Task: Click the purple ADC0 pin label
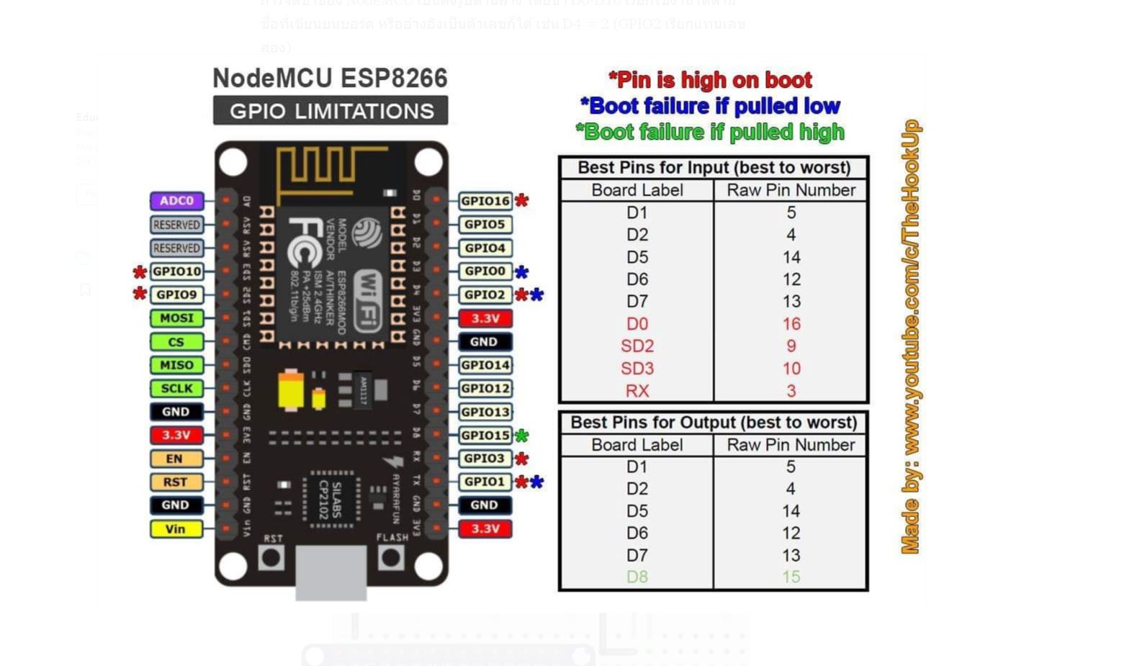point(176,201)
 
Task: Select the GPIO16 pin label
point(485,201)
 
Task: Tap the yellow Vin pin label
point(176,528)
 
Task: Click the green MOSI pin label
point(176,318)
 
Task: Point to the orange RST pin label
point(175,482)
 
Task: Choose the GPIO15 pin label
point(485,435)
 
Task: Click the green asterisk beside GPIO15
point(521,436)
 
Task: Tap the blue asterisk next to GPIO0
point(521,272)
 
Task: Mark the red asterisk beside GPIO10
point(140,272)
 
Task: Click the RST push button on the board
point(271,557)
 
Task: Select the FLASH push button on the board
point(391,557)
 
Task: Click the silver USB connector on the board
point(331,572)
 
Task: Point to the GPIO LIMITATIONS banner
point(331,111)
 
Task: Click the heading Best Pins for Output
point(713,422)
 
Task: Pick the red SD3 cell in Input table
point(637,369)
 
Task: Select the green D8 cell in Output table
point(637,577)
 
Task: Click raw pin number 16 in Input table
point(791,324)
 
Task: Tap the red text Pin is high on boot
point(710,79)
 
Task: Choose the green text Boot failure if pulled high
point(710,132)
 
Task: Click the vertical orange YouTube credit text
point(911,337)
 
